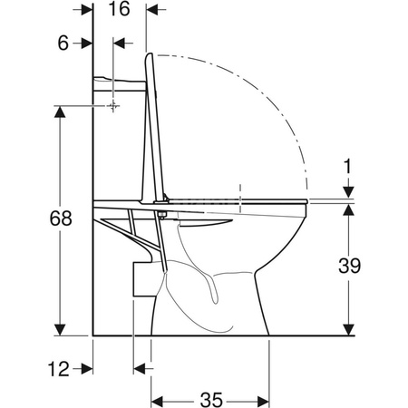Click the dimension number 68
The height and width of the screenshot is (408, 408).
coord(61,219)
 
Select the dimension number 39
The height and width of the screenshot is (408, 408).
coord(349,266)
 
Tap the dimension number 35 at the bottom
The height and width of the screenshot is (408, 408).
coord(211,400)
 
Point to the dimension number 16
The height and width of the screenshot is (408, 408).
coord(119,8)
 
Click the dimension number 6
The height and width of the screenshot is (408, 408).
coord(63,44)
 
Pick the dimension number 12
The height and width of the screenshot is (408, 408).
coord(59,369)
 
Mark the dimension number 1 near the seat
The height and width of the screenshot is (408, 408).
coord(348,166)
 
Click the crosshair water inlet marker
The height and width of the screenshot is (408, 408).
coord(113,106)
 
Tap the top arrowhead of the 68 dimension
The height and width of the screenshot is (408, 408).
coord(60,112)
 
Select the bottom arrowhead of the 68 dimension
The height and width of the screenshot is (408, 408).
coord(60,329)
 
